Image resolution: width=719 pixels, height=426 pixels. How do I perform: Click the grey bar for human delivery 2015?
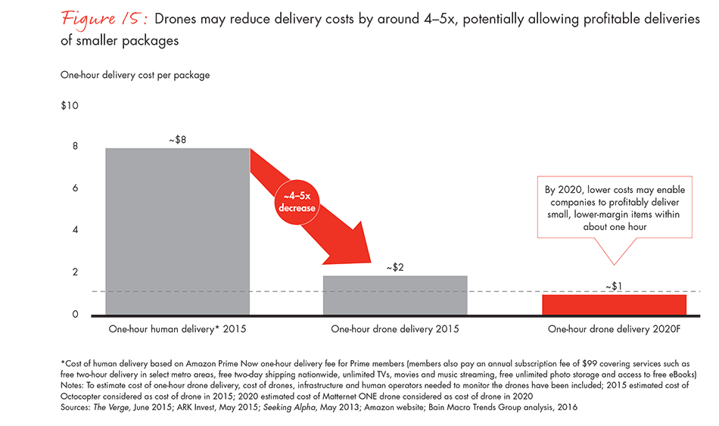pyautogui.click(x=177, y=231)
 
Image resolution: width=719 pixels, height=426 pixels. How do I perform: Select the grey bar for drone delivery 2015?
pyautogui.click(x=395, y=295)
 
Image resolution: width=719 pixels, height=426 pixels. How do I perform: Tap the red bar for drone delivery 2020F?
pyautogui.click(x=614, y=304)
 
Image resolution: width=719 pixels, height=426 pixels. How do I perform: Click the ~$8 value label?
pyautogui.click(x=177, y=139)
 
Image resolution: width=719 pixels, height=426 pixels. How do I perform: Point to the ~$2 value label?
pyautogui.click(x=395, y=267)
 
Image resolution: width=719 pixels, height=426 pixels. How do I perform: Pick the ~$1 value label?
pyautogui.click(x=614, y=286)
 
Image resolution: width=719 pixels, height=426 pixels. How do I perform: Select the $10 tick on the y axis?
pyautogui.click(x=70, y=105)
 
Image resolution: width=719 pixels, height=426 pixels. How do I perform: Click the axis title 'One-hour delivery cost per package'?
pyautogui.click(x=135, y=75)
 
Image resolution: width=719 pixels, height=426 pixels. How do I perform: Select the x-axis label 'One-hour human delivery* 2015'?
pyautogui.click(x=177, y=329)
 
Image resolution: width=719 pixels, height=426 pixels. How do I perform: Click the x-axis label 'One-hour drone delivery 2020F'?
pyautogui.click(x=614, y=329)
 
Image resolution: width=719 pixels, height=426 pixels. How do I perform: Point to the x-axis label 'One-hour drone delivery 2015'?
pyautogui.click(x=395, y=329)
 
